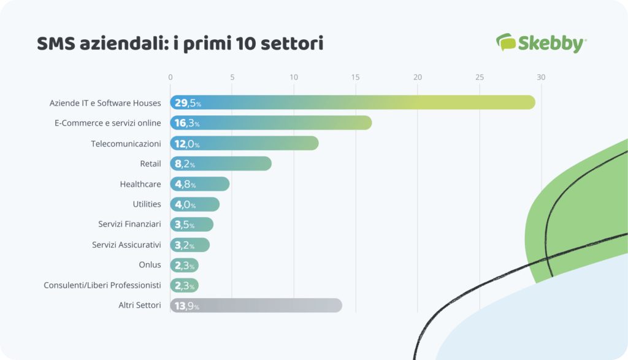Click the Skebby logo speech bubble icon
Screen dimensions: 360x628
coord(506,42)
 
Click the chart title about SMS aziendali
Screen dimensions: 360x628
coord(180,44)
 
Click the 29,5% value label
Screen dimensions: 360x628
coord(188,103)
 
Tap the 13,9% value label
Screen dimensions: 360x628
coord(186,306)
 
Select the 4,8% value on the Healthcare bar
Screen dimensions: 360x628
coord(185,185)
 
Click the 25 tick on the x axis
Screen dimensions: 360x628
coord(480,77)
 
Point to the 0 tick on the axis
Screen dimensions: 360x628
coord(170,77)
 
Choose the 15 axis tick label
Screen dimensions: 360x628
coord(356,77)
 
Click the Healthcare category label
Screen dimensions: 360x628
coord(140,184)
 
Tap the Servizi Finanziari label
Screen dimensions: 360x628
coord(129,224)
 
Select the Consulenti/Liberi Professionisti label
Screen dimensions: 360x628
coord(102,285)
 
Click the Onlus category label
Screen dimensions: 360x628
coord(150,265)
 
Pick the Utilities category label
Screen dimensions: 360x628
coord(147,204)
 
